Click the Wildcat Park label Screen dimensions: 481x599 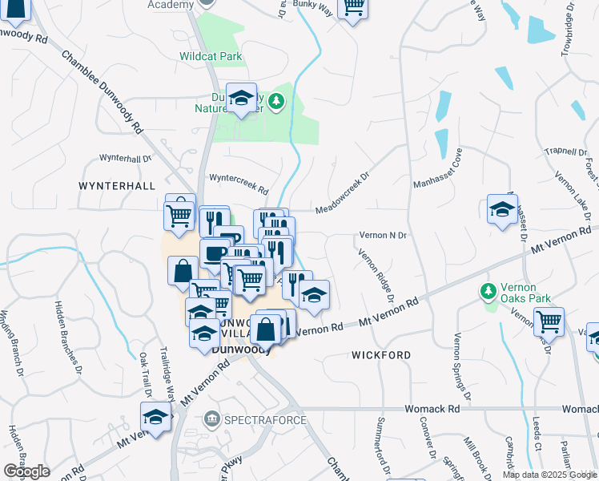(211, 56)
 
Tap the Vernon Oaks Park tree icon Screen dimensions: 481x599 (487, 291)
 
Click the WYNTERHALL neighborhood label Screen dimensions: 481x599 (117, 185)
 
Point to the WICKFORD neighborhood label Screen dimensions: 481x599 (381, 354)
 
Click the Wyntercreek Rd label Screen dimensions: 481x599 (238, 184)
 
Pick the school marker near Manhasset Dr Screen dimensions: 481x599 (502, 211)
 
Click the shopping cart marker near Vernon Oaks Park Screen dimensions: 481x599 (549, 321)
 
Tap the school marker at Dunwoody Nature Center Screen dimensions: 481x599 (240, 99)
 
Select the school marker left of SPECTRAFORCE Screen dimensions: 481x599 (155, 417)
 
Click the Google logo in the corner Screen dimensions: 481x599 (26, 471)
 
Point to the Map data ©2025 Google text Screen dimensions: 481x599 (549, 475)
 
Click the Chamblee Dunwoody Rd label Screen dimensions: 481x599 (102, 92)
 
